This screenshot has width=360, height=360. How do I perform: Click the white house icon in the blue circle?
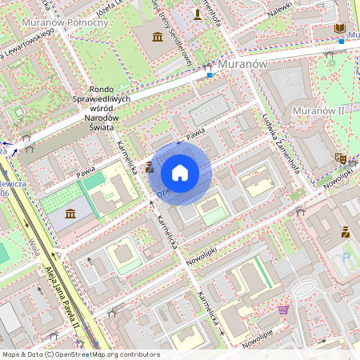(180, 173)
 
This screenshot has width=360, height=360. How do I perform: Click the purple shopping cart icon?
(283, 309)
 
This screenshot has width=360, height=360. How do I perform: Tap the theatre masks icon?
(340, 159)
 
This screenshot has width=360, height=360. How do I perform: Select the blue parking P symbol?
(346, 258)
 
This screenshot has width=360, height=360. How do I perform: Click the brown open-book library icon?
(340, 29)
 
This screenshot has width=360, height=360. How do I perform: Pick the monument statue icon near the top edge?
(198, 14)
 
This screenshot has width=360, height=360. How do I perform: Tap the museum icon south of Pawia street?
(70, 214)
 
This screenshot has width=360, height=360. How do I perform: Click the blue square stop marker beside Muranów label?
(210, 75)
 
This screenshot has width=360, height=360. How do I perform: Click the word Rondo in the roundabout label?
(102, 89)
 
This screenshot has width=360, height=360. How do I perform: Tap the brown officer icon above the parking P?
(346, 232)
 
